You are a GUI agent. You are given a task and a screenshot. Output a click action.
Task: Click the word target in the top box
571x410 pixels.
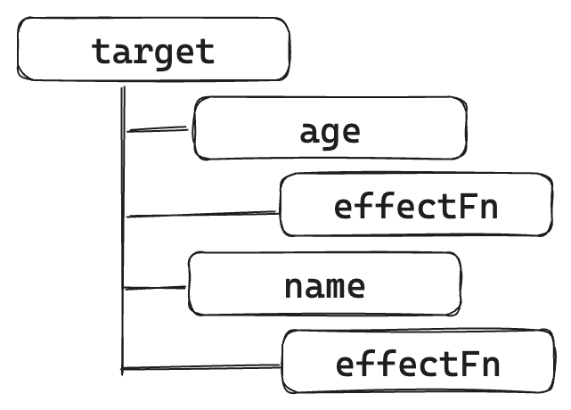click(153, 51)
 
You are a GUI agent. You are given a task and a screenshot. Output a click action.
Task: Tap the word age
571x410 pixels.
click(330, 131)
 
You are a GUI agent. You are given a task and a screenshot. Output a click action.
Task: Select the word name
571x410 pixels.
click(324, 286)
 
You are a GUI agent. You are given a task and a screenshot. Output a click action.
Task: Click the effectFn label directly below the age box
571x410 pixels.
click(414, 207)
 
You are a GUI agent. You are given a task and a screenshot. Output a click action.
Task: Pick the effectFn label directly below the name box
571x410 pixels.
click(417, 364)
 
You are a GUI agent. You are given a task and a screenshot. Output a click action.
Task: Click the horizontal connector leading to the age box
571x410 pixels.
click(159, 130)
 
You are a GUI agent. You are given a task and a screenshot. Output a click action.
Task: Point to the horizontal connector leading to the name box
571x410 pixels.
click(156, 288)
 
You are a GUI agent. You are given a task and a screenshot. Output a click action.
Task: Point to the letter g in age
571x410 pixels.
click(330, 134)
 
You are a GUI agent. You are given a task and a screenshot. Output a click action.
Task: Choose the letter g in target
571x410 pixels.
click(165, 53)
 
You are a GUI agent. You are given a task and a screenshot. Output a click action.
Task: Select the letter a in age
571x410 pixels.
click(309, 132)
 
